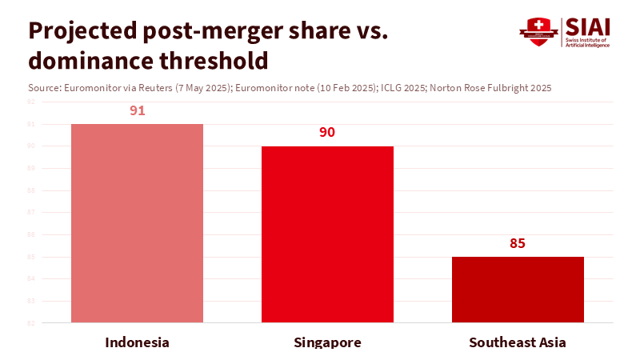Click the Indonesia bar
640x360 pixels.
point(137,223)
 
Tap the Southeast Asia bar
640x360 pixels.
point(518,290)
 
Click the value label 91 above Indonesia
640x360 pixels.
point(137,110)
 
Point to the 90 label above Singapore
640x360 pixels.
point(327,132)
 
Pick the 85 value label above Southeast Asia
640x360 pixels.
point(518,243)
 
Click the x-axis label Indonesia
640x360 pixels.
point(137,342)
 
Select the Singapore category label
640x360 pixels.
point(327,342)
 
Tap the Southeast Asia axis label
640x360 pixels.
point(518,342)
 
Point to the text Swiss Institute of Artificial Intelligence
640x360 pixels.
point(587,42)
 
